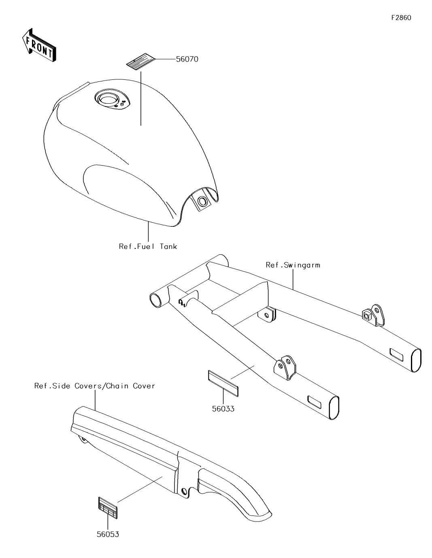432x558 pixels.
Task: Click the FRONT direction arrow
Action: coord(38,45)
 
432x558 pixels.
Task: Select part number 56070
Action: coord(187,59)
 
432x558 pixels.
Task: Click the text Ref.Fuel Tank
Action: coord(148,246)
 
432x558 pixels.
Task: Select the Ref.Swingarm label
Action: coord(293,265)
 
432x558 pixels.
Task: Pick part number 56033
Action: coord(223,409)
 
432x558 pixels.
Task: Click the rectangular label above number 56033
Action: coord(223,382)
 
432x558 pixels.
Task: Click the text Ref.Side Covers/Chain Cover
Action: coord(95,386)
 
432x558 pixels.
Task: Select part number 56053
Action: coord(108,535)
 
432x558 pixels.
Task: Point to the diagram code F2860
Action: coord(401,18)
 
